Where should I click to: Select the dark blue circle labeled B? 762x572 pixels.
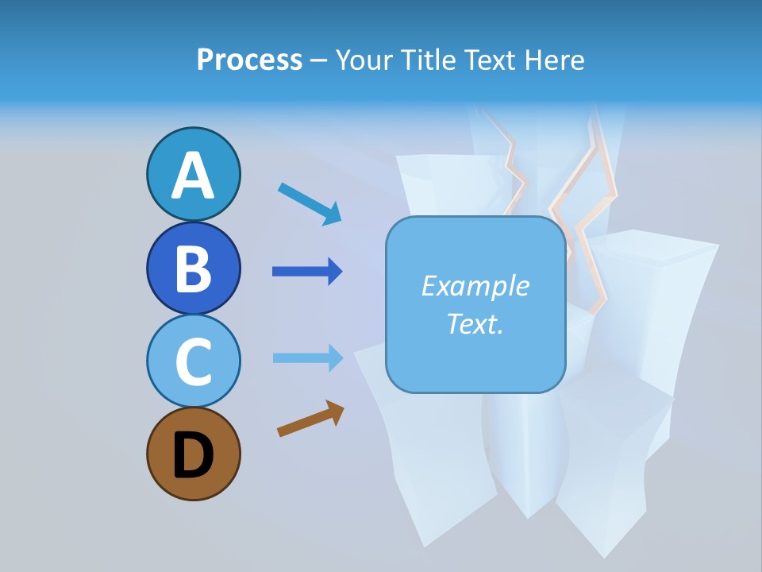193,268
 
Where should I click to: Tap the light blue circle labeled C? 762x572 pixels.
193,361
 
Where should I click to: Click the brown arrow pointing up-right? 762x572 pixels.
310,419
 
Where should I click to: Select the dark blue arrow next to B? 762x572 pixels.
307,272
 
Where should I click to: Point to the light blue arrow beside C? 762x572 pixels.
307,358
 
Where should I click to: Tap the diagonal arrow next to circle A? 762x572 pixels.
310,203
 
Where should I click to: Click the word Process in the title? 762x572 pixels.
249,60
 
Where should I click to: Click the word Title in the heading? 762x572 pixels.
427,60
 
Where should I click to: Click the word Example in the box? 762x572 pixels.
475,286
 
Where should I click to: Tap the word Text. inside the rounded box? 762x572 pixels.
475,323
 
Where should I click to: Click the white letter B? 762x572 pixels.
193,269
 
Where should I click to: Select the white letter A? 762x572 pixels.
193,175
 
